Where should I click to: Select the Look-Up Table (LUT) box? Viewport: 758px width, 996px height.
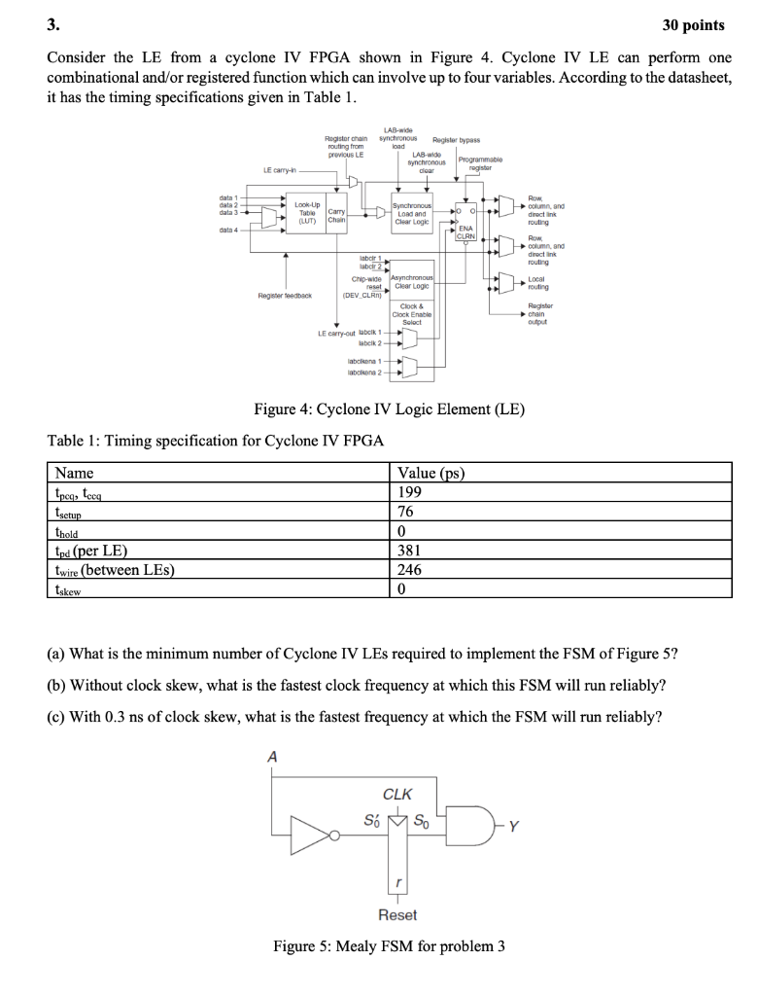306,212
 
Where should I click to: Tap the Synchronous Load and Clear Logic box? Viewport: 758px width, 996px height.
412,212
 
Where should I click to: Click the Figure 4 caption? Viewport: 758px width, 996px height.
389,409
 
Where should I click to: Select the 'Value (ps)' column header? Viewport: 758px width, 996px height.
431,474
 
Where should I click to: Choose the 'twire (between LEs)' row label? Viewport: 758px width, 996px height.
115,570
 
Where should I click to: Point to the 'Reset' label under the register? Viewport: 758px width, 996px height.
396,914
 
